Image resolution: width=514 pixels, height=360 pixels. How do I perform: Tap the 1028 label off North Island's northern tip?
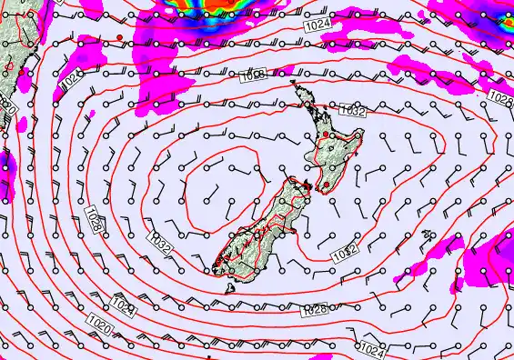(x=254, y=76)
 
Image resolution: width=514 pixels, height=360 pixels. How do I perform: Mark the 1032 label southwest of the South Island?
(x=158, y=244)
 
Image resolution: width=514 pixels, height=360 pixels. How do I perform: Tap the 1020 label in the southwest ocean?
(x=101, y=321)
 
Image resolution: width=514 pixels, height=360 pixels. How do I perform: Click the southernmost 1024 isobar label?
(x=370, y=348)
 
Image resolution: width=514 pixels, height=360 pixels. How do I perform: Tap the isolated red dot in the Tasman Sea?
(x=119, y=35)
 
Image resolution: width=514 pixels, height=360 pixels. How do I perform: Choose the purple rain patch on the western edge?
(x=7, y=173)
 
